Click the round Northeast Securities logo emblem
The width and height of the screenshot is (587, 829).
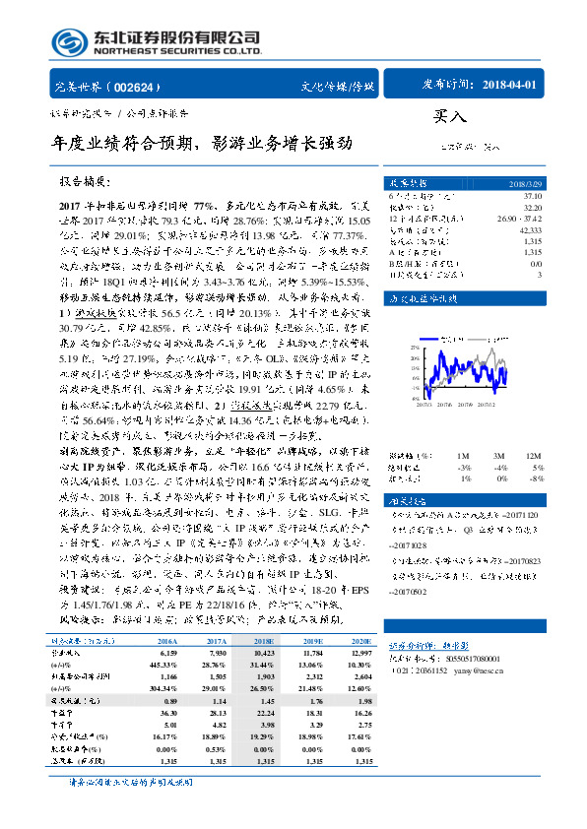[x=69, y=42]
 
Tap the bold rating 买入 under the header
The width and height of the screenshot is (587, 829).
[x=447, y=116]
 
